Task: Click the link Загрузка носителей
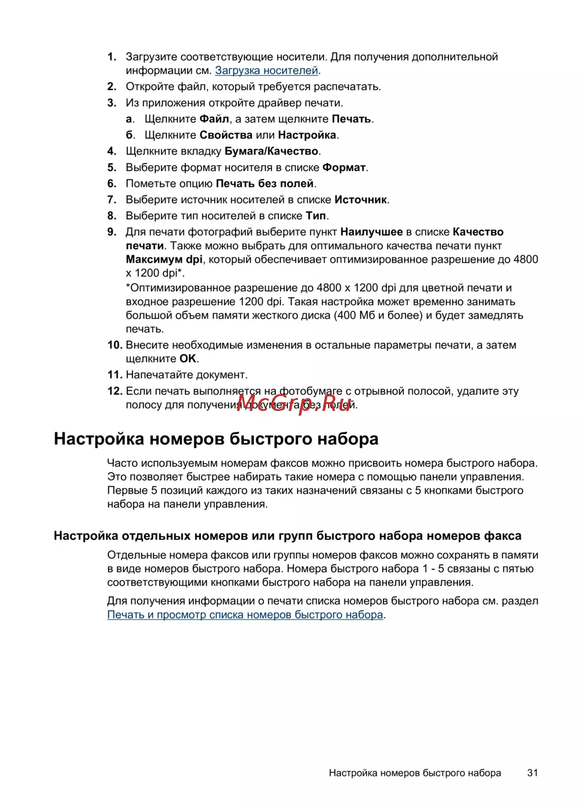(267, 71)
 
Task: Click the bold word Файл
(214, 119)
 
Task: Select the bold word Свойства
(226, 135)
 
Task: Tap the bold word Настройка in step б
(307, 135)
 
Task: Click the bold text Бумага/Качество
(271, 152)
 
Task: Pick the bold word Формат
(344, 168)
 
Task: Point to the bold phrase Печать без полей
(265, 184)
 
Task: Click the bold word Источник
(361, 200)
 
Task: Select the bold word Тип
(316, 216)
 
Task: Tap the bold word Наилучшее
(371, 232)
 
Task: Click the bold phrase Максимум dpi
(164, 260)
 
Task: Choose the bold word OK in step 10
(188, 359)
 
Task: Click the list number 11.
(114, 375)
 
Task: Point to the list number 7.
(112, 200)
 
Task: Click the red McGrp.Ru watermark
(294, 403)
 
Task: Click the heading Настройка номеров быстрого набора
(216, 439)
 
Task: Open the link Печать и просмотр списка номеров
(245, 615)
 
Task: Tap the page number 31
(532, 773)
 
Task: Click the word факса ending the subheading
(503, 536)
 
